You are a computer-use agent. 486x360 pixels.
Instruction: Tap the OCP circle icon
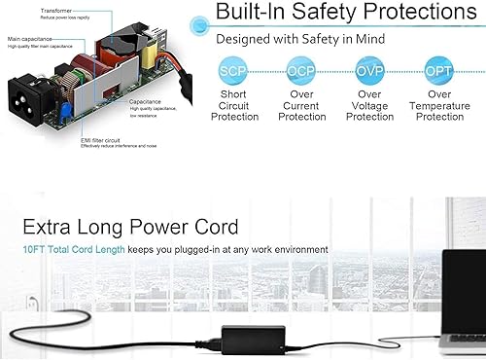click(302, 71)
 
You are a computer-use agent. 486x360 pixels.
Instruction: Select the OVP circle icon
click(370, 71)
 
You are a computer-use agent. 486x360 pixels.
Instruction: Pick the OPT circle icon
click(439, 71)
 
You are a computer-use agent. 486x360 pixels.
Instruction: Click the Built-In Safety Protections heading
click(350, 13)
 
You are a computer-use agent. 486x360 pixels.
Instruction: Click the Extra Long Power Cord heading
click(131, 228)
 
